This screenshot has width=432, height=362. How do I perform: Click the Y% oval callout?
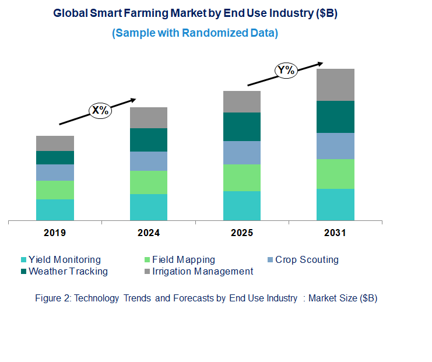(x=286, y=71)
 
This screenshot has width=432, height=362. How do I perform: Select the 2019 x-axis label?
(x=55, y=233)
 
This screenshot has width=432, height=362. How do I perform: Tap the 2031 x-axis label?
(x=335, y=233)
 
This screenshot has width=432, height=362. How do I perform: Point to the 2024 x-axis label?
(x=149, y=233)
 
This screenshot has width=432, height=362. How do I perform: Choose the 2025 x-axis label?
(x=242, y=233)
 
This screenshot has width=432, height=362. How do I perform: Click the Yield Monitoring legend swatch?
(x=23, y=260)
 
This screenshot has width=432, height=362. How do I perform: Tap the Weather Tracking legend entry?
(x=68, y=271)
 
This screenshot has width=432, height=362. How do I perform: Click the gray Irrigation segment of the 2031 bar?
(x=335, y=85)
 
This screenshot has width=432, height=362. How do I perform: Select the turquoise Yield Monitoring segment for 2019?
(x=55, y=210)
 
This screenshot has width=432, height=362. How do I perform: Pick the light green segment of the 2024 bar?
(x=149, y=182)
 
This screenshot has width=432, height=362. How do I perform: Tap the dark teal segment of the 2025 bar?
(x=242, y=126)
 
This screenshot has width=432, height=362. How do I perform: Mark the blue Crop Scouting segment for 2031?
(x=335, y=146)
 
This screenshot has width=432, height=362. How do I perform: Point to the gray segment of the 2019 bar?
(x=55, y=143)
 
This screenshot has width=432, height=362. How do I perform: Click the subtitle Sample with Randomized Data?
(x=195, y=33)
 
